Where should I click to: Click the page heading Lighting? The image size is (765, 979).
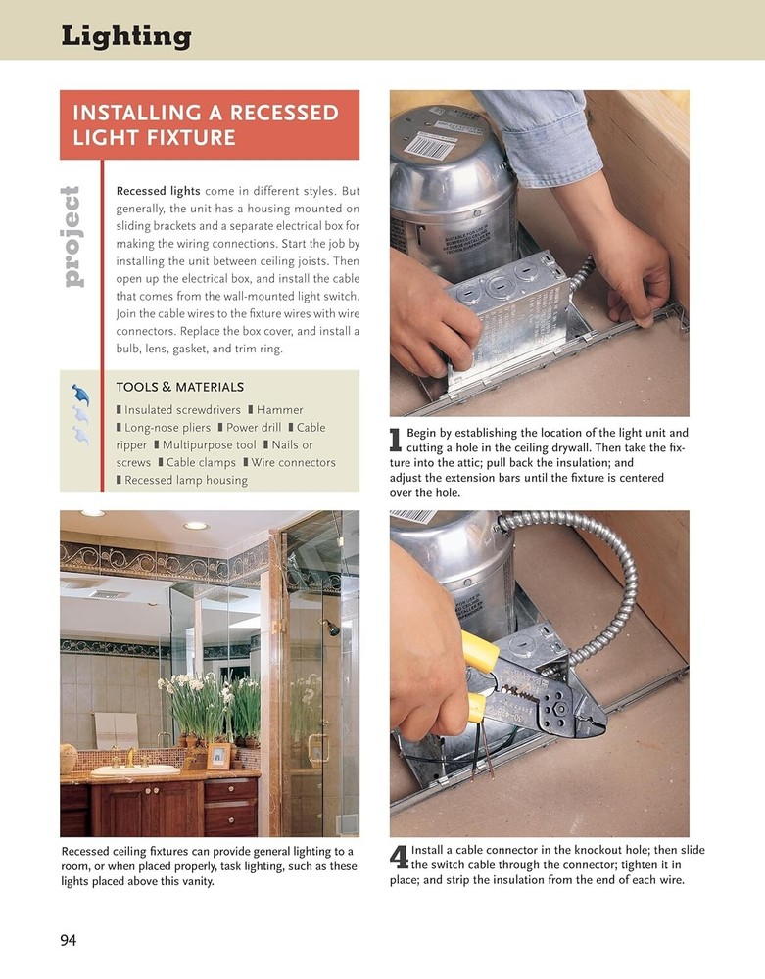[x=125, y=37]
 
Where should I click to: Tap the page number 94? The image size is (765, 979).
[x=69, y=941]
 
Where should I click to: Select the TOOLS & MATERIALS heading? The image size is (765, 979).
[x=180, y=388]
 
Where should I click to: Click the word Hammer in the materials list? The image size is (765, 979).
[x=280, y=410]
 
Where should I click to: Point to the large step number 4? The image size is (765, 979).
[x=399, y=859]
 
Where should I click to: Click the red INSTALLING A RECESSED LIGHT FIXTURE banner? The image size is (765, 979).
[x=209, y=124]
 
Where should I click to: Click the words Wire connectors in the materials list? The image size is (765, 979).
[x=293, y=463]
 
